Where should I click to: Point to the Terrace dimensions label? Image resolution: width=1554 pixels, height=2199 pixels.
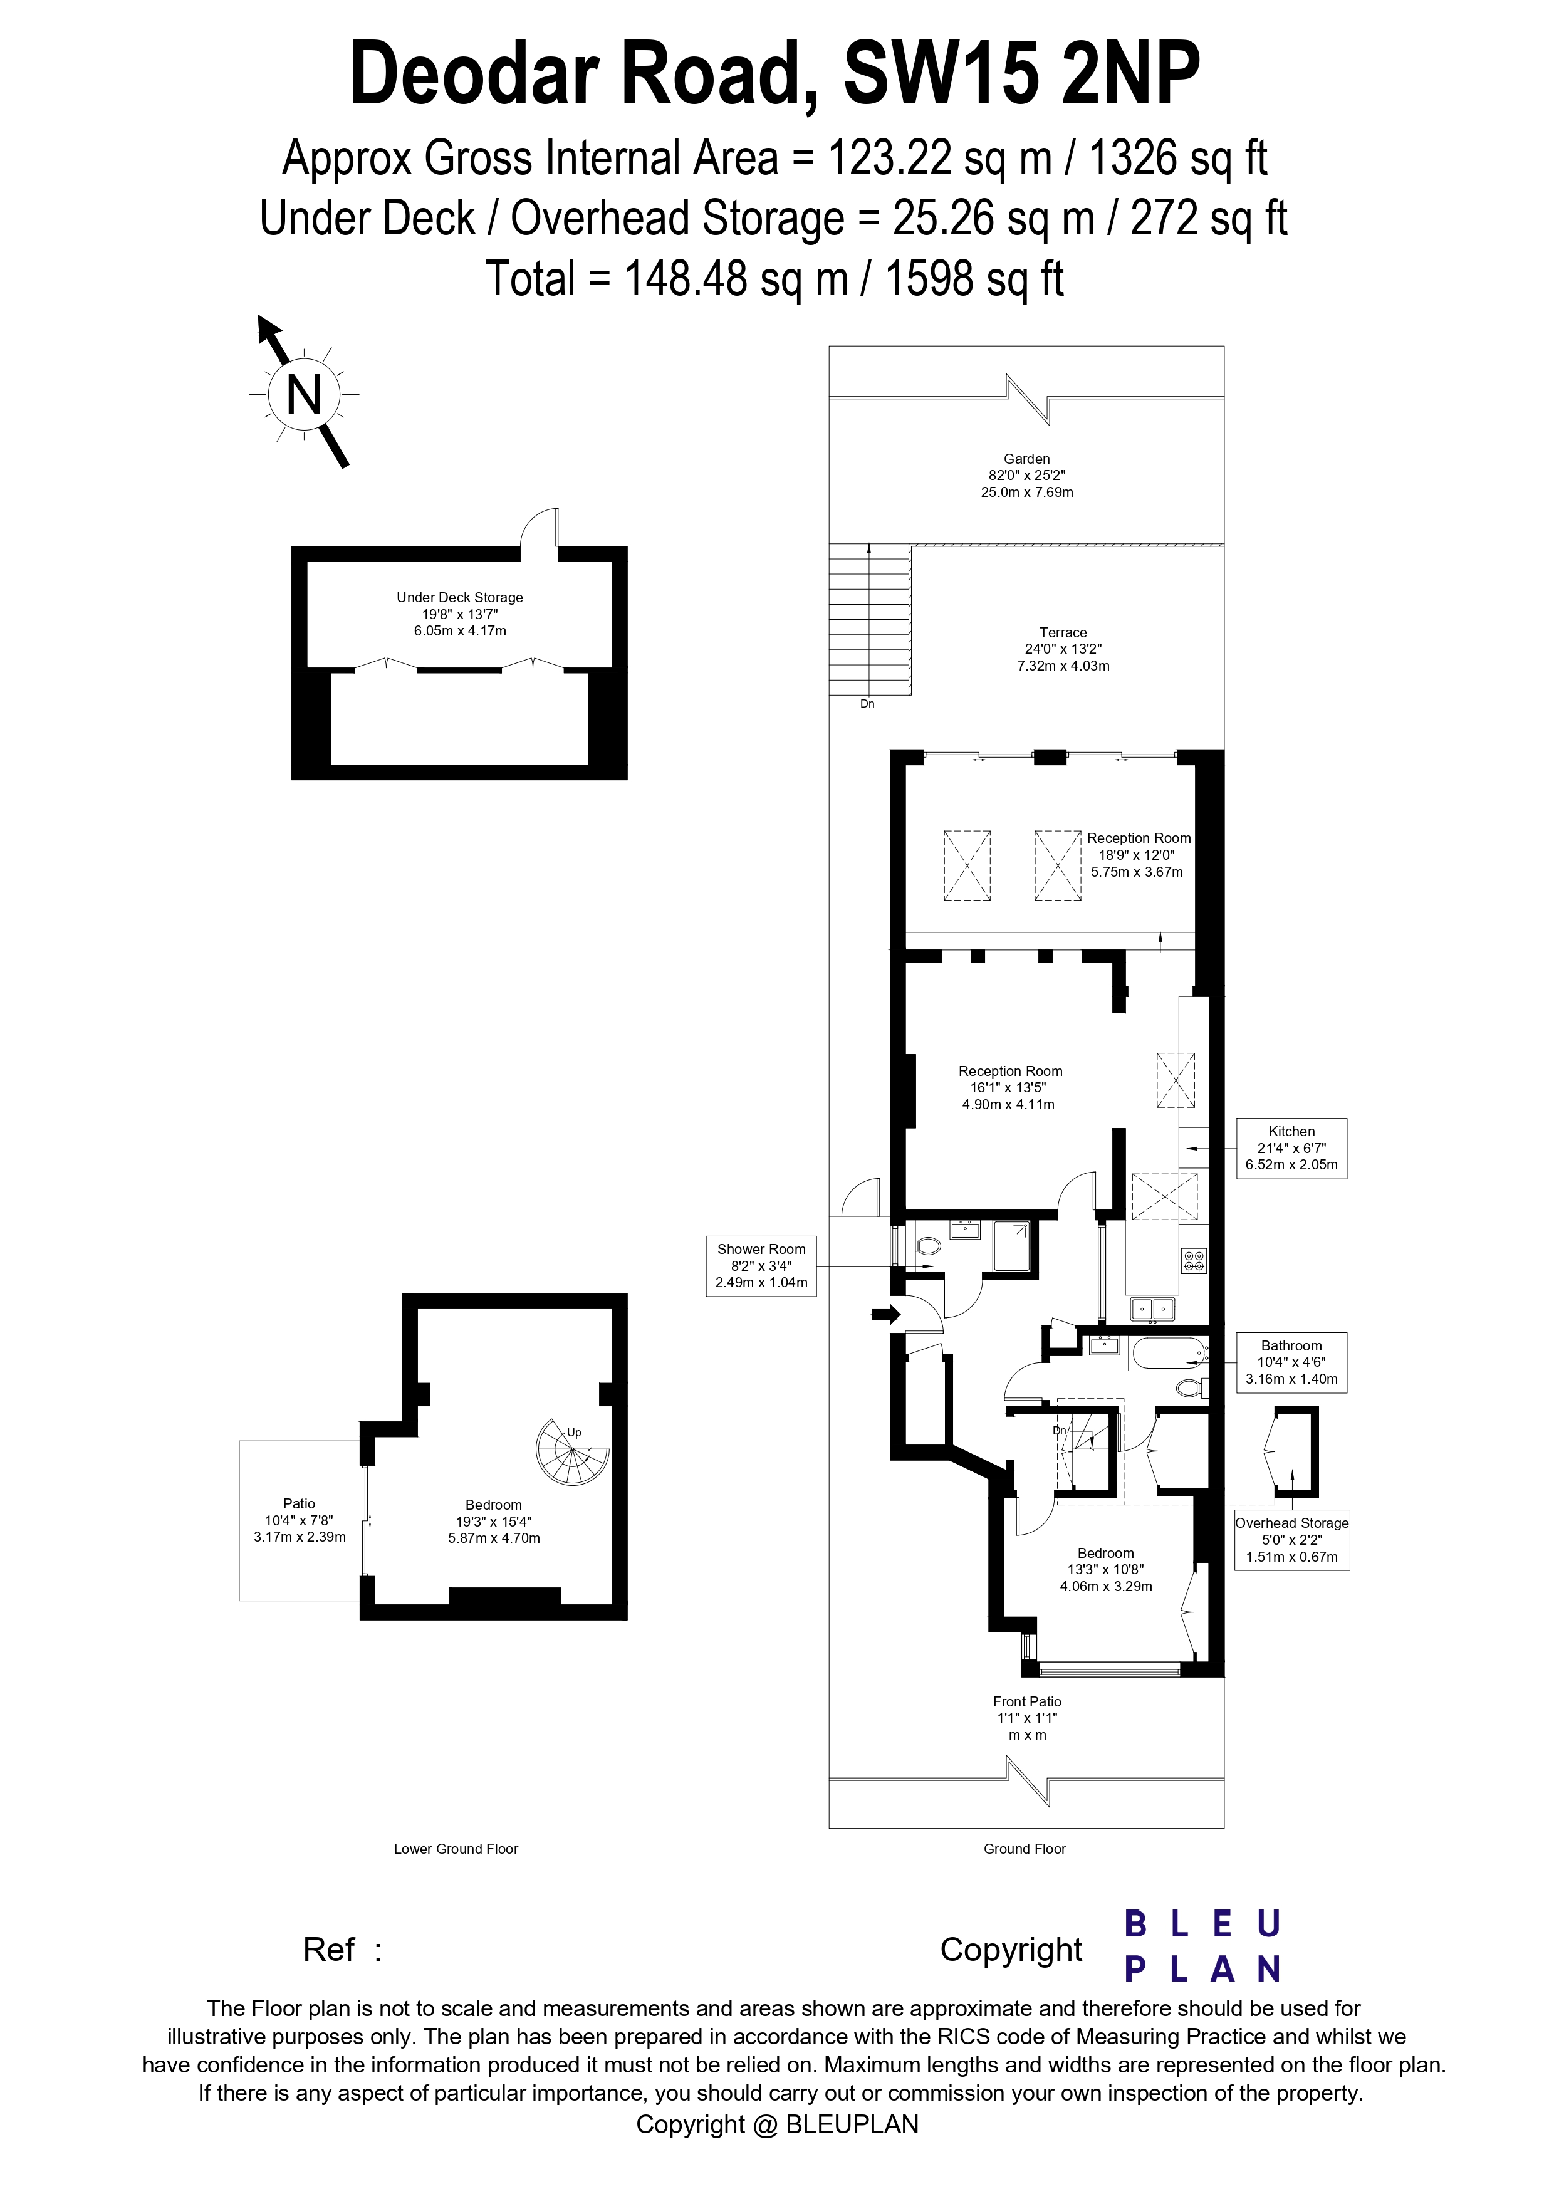(x=1063, y=649)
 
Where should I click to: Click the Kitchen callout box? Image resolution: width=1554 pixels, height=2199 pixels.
(x=1291, y=1147)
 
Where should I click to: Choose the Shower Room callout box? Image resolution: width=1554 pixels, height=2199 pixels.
(x=761, y=1265)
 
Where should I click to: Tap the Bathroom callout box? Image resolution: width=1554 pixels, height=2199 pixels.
(x=1291, y=1362)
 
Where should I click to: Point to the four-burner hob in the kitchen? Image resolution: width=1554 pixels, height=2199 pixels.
(x=1193, y=1260)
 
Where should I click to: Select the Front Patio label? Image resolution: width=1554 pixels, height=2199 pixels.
(x=1026, y=1702)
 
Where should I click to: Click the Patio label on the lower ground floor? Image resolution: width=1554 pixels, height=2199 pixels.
(x=299, y=1503)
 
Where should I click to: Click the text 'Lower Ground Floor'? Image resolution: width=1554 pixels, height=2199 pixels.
(x=456, y=1849)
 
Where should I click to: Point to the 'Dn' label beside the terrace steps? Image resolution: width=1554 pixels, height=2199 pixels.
(x=867, y=703)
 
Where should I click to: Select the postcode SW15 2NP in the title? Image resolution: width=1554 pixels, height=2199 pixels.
(x=1021, y=76)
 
